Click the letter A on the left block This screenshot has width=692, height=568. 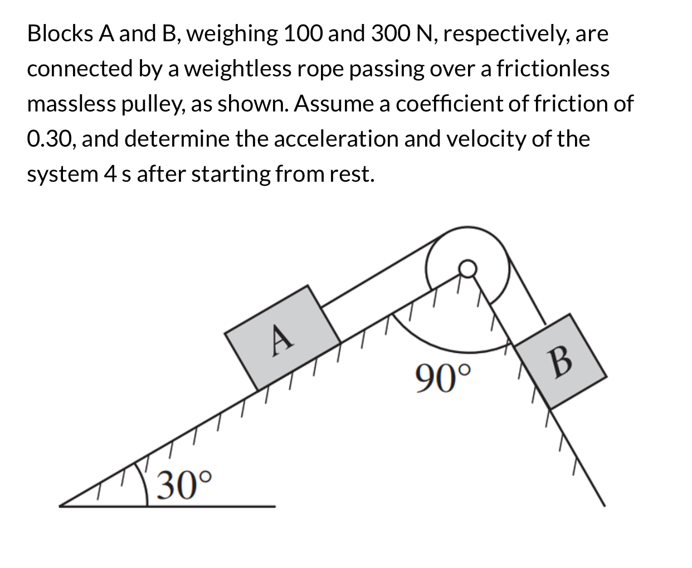click(282, 338)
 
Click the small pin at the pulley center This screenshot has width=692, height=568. click(467, 269)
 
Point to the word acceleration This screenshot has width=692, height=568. click(336, 139)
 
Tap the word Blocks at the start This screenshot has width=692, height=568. click(60, 34)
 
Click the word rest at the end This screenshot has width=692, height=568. click(352, 174)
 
